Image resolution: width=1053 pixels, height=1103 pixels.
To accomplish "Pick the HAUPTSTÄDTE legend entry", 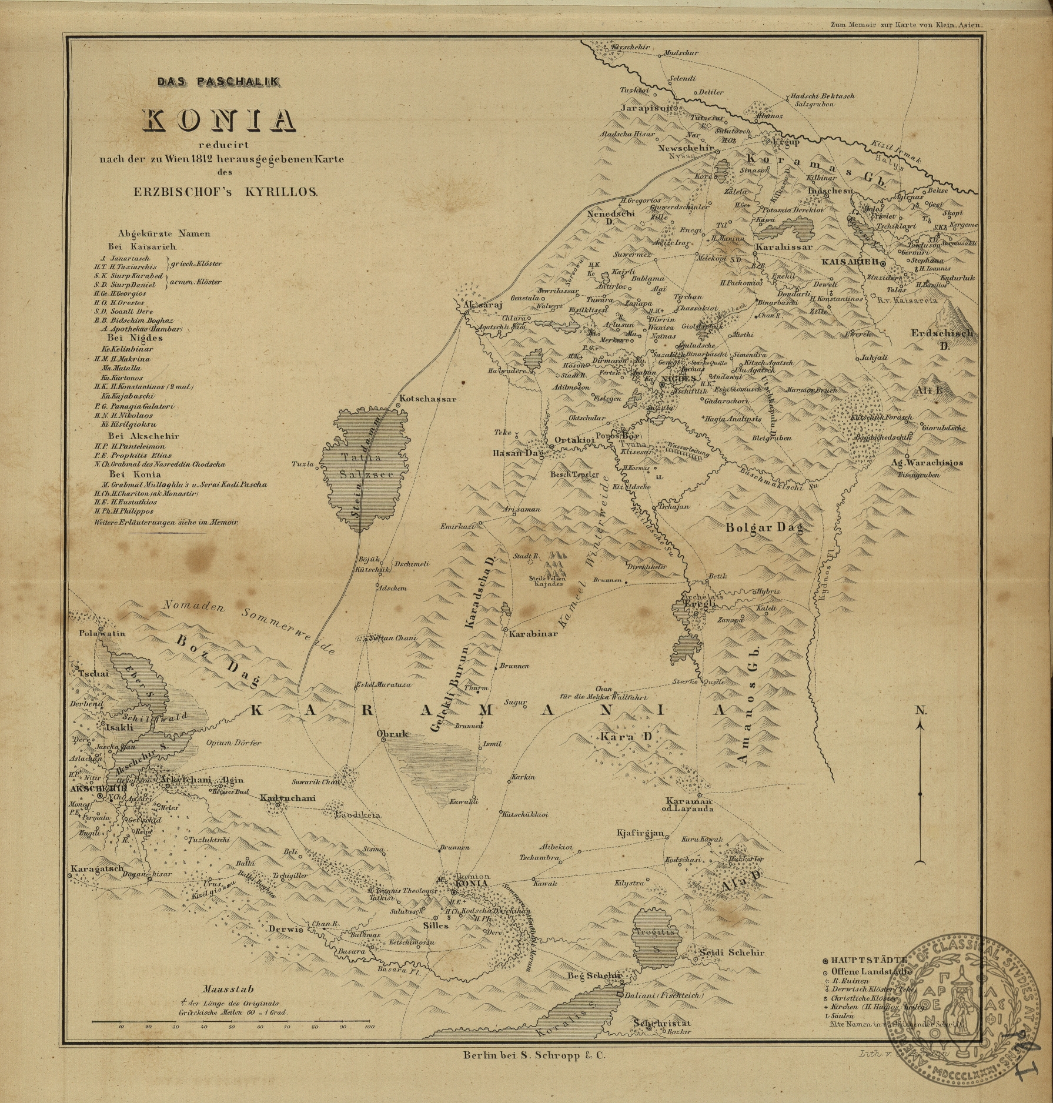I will pyautogui.click(x=864, y=960).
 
